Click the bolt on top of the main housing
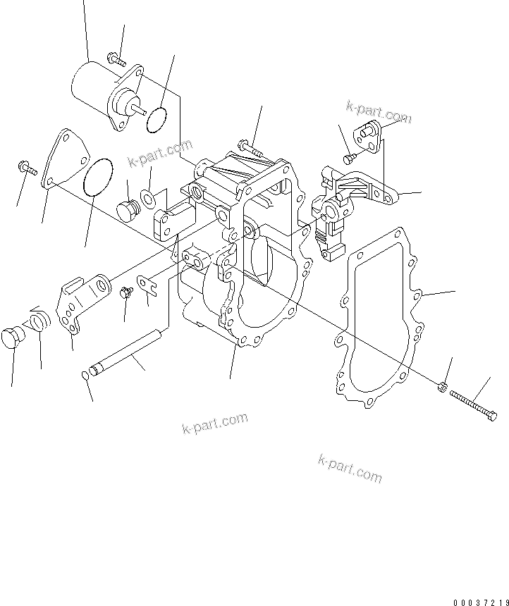(x=248, y=149)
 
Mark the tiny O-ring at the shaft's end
(x=86, y=374)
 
